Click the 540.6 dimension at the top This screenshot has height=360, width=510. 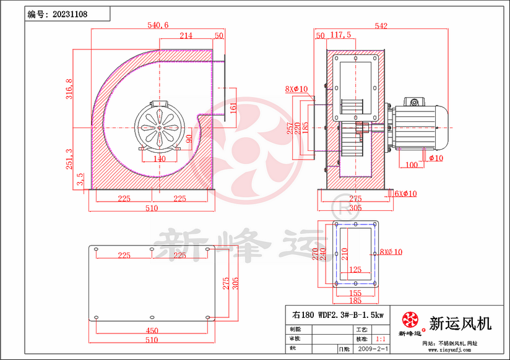[x=158, y=25]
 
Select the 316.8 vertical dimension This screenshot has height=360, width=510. [x=69, y=88]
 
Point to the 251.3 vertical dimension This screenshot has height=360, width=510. [x=69, y=159]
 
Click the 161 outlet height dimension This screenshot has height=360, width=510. [x=233, y=107]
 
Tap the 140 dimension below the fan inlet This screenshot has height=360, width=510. [x=160, y=158]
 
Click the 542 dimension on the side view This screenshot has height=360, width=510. [x=381, y=26]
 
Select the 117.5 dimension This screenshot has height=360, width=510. [x=341, y=35]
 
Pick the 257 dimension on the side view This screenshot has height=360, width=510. [x=290, y=128]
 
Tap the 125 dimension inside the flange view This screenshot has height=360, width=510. [x=355, y=270]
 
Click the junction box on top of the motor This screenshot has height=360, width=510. [x=413, y=101]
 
